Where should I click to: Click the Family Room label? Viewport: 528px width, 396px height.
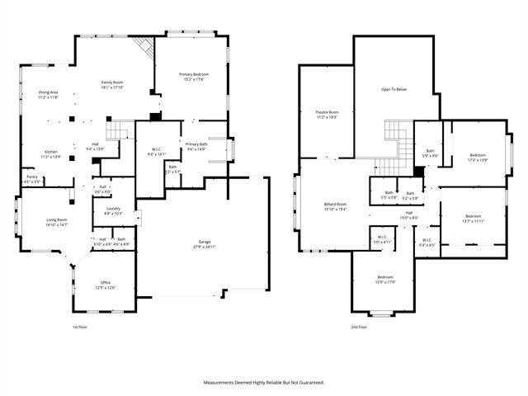tap(113, 82)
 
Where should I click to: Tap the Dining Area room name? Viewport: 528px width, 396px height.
tap(48, 92)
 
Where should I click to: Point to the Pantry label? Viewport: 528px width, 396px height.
tap(31, 177)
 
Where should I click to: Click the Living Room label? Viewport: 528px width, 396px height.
tap(56, 219)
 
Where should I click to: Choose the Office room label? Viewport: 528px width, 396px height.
tap(106, 282)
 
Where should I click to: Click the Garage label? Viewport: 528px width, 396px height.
tap(203, 242)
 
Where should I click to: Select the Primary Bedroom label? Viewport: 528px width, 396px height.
tap(194, 75)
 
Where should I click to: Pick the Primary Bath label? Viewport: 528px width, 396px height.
tap(197, 144)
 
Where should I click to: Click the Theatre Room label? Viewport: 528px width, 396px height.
tap(328, 112)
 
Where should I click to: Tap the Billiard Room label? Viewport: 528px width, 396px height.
tap(335, 204)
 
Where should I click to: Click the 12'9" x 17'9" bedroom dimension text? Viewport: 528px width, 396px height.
tap(386, 282)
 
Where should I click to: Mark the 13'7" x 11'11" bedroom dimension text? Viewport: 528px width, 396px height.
tap(473, 221)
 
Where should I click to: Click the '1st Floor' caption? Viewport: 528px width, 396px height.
tap(79, 327)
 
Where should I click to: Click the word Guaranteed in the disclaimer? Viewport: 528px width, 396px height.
tap(311, 383)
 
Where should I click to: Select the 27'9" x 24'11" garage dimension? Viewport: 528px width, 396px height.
tap(203, 247)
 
